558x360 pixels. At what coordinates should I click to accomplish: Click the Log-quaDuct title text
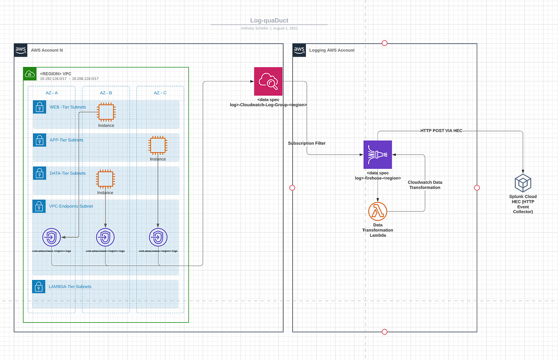(x=269, y=20)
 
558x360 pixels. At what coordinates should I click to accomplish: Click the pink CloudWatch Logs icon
(x=268, y=81)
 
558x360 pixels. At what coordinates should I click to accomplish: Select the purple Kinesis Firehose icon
(x=378, y=154)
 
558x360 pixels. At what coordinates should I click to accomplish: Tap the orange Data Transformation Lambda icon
(x=378, y=212)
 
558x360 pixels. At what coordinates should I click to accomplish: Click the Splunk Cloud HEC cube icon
(x=523, y=184)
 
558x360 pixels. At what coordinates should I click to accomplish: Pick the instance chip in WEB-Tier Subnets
(x=106, y=112)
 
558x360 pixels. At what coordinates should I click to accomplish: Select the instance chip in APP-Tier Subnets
(x=158, y=146)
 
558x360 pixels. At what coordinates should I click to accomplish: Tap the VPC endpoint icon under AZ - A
(x=51, y=238)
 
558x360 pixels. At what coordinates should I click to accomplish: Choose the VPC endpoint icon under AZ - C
(x=158, y=238)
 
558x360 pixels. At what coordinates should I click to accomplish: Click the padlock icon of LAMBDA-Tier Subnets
(x=39, y=287)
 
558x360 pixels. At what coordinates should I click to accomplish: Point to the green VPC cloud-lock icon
(x=30, y=73)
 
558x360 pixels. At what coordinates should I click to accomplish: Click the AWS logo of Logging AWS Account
(x=299, y=50)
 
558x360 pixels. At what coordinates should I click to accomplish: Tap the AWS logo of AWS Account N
(x=21, y=50)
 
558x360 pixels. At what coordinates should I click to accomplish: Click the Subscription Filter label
(x=306, y=143)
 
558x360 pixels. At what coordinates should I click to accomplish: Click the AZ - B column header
(x=106, y=93)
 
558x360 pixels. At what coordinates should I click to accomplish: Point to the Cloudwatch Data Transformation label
(x=425, y=185)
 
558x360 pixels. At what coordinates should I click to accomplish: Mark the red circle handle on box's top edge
(x=385, y=43)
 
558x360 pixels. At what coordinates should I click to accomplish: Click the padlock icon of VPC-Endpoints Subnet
(x=39, y=207)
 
